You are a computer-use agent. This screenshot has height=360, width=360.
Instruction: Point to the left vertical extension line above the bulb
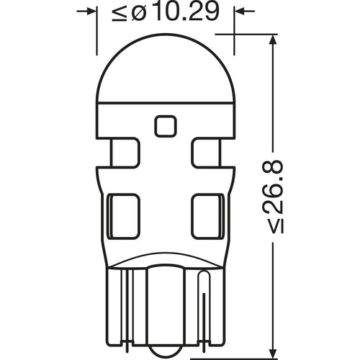click(x=96, y=36)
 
